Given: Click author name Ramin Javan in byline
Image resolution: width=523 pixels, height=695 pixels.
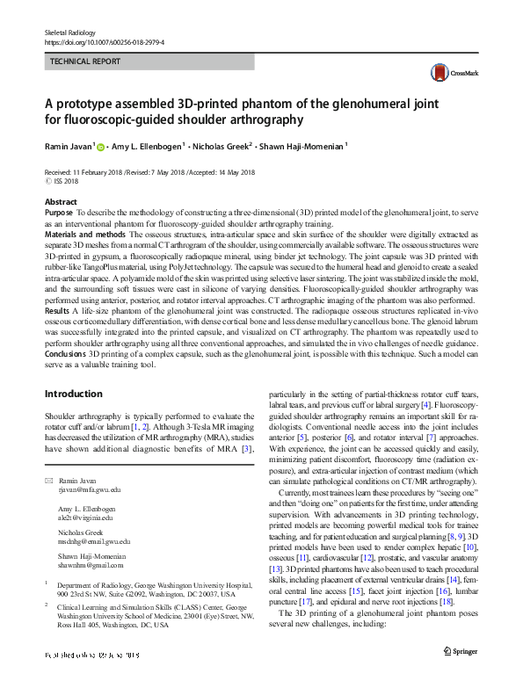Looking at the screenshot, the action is click(68, 146).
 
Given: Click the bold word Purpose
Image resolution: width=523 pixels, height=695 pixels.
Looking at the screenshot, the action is click(59, 214).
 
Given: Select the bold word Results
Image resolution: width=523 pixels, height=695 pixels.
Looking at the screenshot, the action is click(57, 310).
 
